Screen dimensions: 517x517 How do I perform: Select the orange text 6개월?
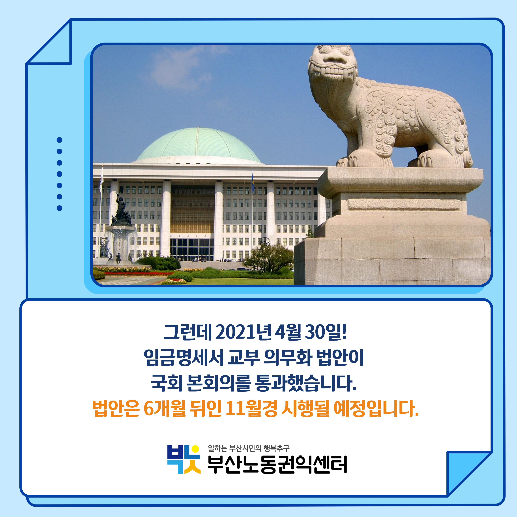pyautogui.click(x=165, y=409)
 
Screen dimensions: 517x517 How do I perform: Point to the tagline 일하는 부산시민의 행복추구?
pyautogui.click(x=249, y=448)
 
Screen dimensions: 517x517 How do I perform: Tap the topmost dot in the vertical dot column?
pyautogui.click(x=59, y=140)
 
